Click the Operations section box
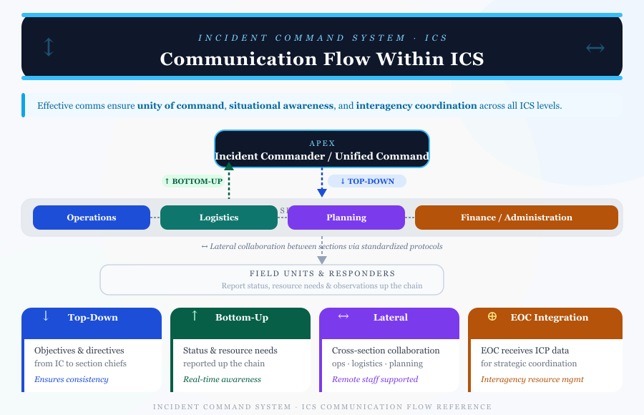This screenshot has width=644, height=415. [x=92, y=218]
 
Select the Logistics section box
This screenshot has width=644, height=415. [x=219, y=218]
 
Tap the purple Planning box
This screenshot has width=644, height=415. [x=346, y=218]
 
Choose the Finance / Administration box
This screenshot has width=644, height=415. [x=516, y=218]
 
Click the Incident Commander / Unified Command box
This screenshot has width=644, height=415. [x=322, y=149]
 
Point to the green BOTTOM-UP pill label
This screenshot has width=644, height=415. [x=193, y=181]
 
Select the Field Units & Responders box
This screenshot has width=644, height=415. [x=272, y=279]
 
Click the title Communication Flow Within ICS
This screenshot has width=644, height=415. [x=322, y=59]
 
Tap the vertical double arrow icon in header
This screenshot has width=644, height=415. [x=49, y=47]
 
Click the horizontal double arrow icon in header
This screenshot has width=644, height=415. [x=595, y=48]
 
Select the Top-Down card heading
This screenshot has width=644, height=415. [x=93, y=318]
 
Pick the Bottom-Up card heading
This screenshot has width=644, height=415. [x=242, y=318]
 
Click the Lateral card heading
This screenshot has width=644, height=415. [x=391, y=317]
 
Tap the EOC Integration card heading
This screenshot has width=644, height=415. [x=550, y=318]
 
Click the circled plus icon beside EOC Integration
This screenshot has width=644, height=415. [x=492, y=316]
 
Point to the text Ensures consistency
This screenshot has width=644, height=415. [x=72, y=379]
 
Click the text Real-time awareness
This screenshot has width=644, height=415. [x=223, y=379]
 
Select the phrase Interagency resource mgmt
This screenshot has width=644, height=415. [x=532, y=379]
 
